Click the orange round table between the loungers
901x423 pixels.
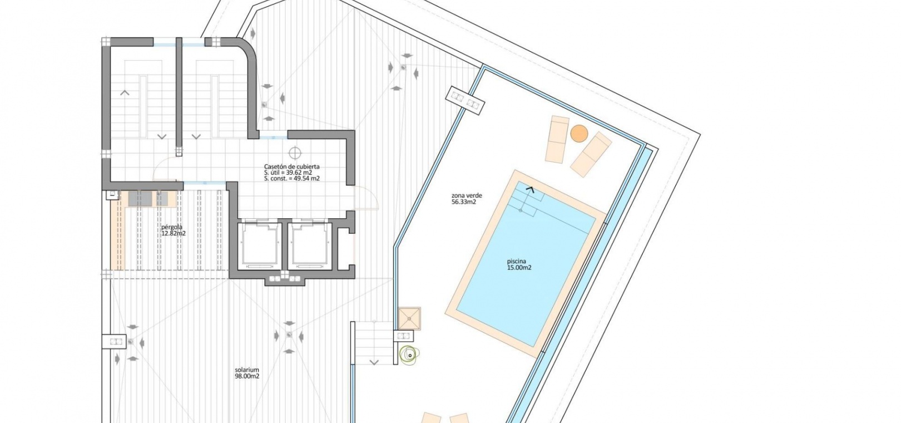click(579, 133)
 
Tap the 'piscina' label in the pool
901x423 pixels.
click(516, 261)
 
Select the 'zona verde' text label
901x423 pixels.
click(467, 195)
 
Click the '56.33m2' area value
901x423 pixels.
click(464, 201)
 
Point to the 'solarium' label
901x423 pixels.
click(247, 370)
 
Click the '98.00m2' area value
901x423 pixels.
click(247, 376)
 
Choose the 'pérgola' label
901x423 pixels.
click(171, 227)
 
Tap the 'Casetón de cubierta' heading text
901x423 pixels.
click(291, 166)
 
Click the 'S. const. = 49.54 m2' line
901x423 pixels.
click(291, 178)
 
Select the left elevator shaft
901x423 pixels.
click(258, 245)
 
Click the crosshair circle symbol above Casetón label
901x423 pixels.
click(295, 153)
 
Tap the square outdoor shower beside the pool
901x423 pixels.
click(409, 319)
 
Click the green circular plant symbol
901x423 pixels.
click(409, 355)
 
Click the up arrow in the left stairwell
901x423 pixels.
click(125, 92)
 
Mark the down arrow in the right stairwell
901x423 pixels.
click(196, 137)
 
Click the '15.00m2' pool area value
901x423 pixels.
click(519, 268)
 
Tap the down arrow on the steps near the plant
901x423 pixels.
click(374, 363)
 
